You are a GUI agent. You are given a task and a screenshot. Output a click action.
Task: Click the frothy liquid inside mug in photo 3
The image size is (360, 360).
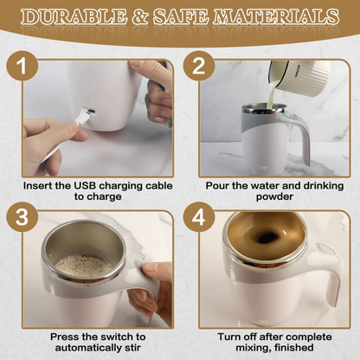pyautogui.click(x=83, y=266)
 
